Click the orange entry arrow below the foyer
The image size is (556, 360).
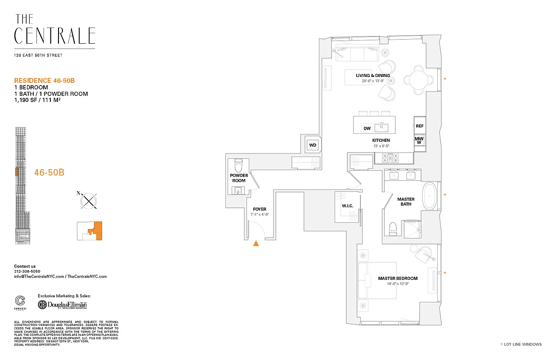pyautogui.click(x=256, y=243)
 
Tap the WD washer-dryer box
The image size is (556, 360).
pyautogui.click(x=313, y=145)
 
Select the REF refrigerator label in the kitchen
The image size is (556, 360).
pyautogui.click(x=420, y=126)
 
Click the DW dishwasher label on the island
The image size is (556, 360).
pyautogui.click(x=367, y=129)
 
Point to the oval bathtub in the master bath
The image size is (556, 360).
pyautogui.click(x=430, y=196)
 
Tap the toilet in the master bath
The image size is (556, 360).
pyautogui.click(x=392, y=227)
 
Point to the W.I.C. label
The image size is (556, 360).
pyautogui.click(x=347, y=206)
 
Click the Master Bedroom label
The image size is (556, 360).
pyautogui.click(x=398, y=279)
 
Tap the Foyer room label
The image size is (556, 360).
pyautogui.click(x=260, y=209)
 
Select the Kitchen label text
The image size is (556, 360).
pyautogui.click(x=381, y=140)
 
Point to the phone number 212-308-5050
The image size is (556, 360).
pyautogui.click(x=27, y=271)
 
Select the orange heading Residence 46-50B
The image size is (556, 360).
pyautogui.click(x=44, y=81)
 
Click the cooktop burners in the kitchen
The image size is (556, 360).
pyautogui.click(x=390, y=157)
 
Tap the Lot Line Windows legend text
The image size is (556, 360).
pyautogui.click(x=523, y=345)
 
